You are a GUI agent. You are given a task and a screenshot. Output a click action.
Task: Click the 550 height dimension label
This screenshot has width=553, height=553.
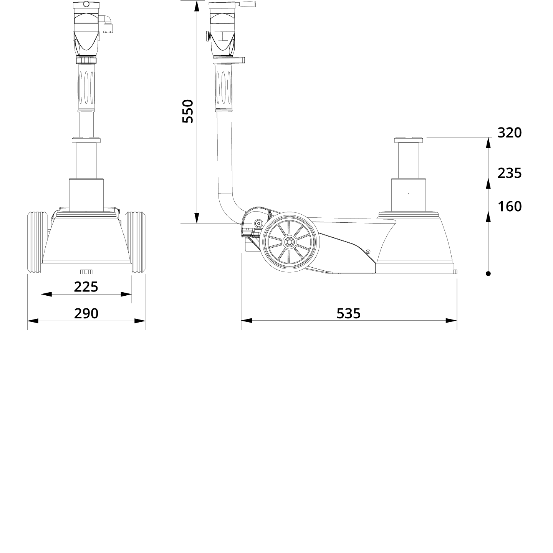point(188,111)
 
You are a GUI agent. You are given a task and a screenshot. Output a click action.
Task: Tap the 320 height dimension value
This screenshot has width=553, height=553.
point(510,132)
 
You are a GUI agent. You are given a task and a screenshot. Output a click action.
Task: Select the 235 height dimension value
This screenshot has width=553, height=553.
point(510,173)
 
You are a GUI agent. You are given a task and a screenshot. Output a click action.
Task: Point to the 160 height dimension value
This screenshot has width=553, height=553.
point(510,207)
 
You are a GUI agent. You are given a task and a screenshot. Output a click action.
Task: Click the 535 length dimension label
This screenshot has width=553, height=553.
point(349,314)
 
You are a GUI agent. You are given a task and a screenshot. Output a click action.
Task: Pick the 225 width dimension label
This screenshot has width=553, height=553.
point(86,287)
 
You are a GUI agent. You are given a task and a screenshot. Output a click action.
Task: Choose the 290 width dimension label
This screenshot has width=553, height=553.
point(86,314)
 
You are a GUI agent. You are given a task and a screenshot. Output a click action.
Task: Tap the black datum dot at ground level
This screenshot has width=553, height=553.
point(488,274)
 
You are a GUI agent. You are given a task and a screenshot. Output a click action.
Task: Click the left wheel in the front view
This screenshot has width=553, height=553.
point(35,243)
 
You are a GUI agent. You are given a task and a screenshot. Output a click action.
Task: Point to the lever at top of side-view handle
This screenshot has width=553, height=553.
point(246,4)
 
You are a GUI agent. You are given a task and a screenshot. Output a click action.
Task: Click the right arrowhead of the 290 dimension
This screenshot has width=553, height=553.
point(140,321)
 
